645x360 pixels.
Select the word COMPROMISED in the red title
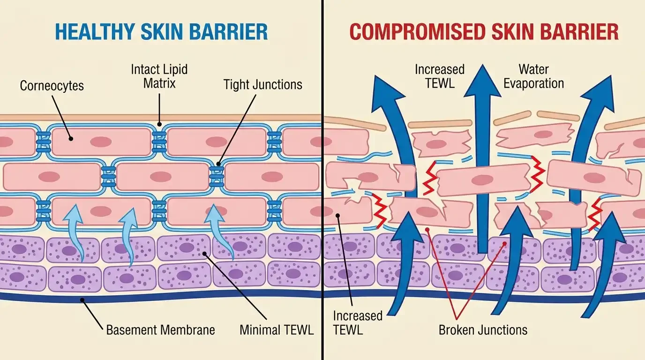417,32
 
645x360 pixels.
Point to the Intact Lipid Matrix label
159,76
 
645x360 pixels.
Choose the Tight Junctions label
262,84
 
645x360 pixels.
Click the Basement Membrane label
160,330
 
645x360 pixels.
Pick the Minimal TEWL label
277,330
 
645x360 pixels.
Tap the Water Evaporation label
534,76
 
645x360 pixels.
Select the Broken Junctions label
483,330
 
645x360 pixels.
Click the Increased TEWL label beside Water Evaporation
440,76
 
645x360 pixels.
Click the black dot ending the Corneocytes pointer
70,138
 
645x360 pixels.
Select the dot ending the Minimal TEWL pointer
204,254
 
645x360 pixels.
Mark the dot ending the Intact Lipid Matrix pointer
159,125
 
